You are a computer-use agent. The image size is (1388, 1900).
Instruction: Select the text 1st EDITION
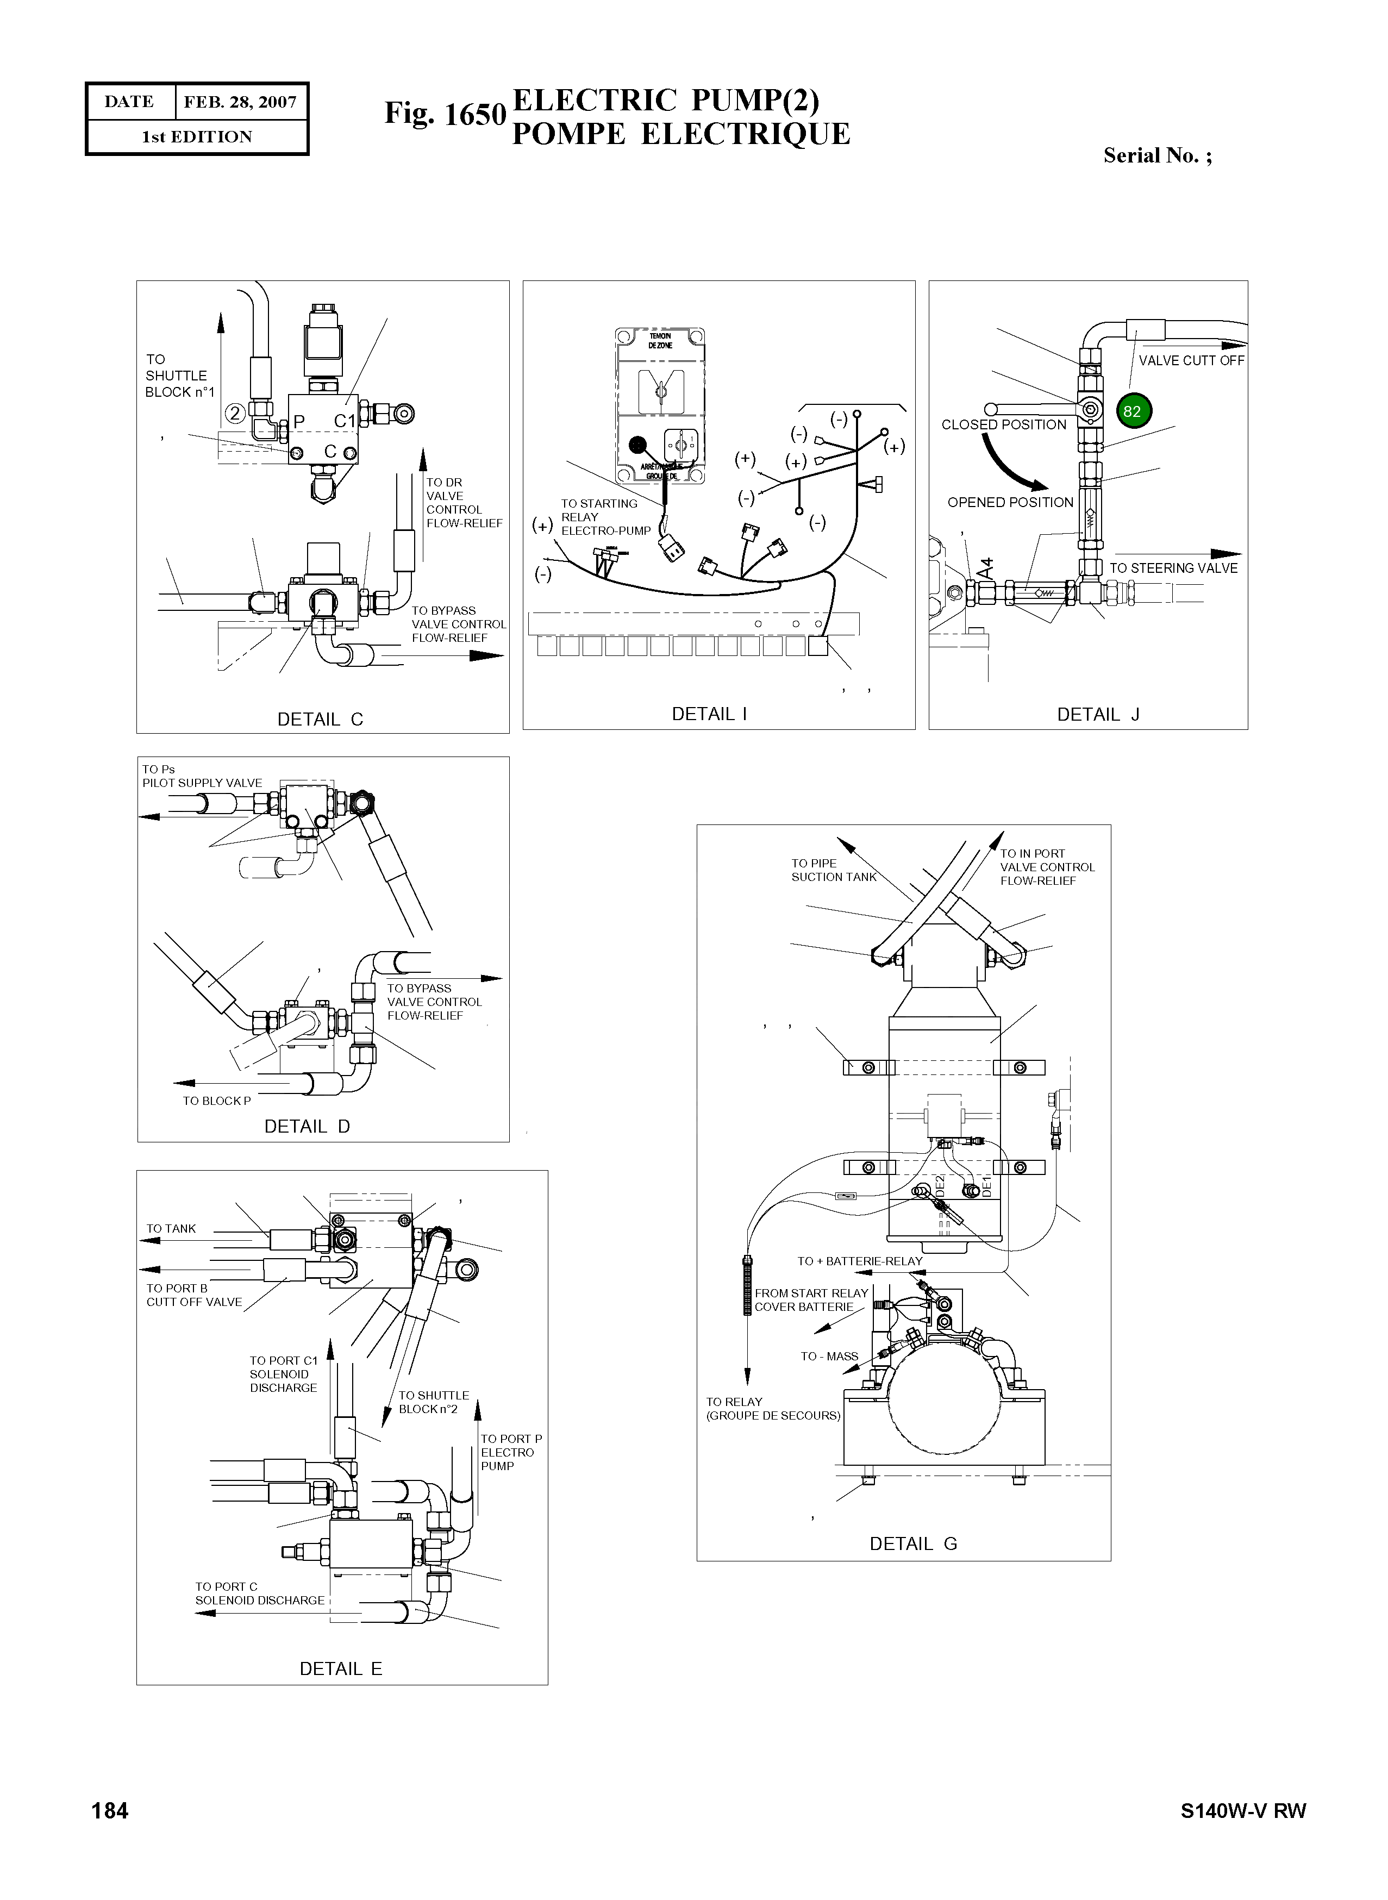click(197, 137)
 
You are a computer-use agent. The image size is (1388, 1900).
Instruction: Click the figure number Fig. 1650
click(445, 114)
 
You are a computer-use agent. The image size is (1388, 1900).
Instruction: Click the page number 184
click(110, 1810)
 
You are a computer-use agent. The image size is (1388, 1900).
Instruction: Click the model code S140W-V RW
click(1243, 1810)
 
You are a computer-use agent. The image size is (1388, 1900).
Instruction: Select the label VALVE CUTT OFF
click(1191, 360)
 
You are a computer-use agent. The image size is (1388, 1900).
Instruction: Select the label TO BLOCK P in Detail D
click(217, 1101)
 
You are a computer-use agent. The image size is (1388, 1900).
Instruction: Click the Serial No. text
click(1157, 155)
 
